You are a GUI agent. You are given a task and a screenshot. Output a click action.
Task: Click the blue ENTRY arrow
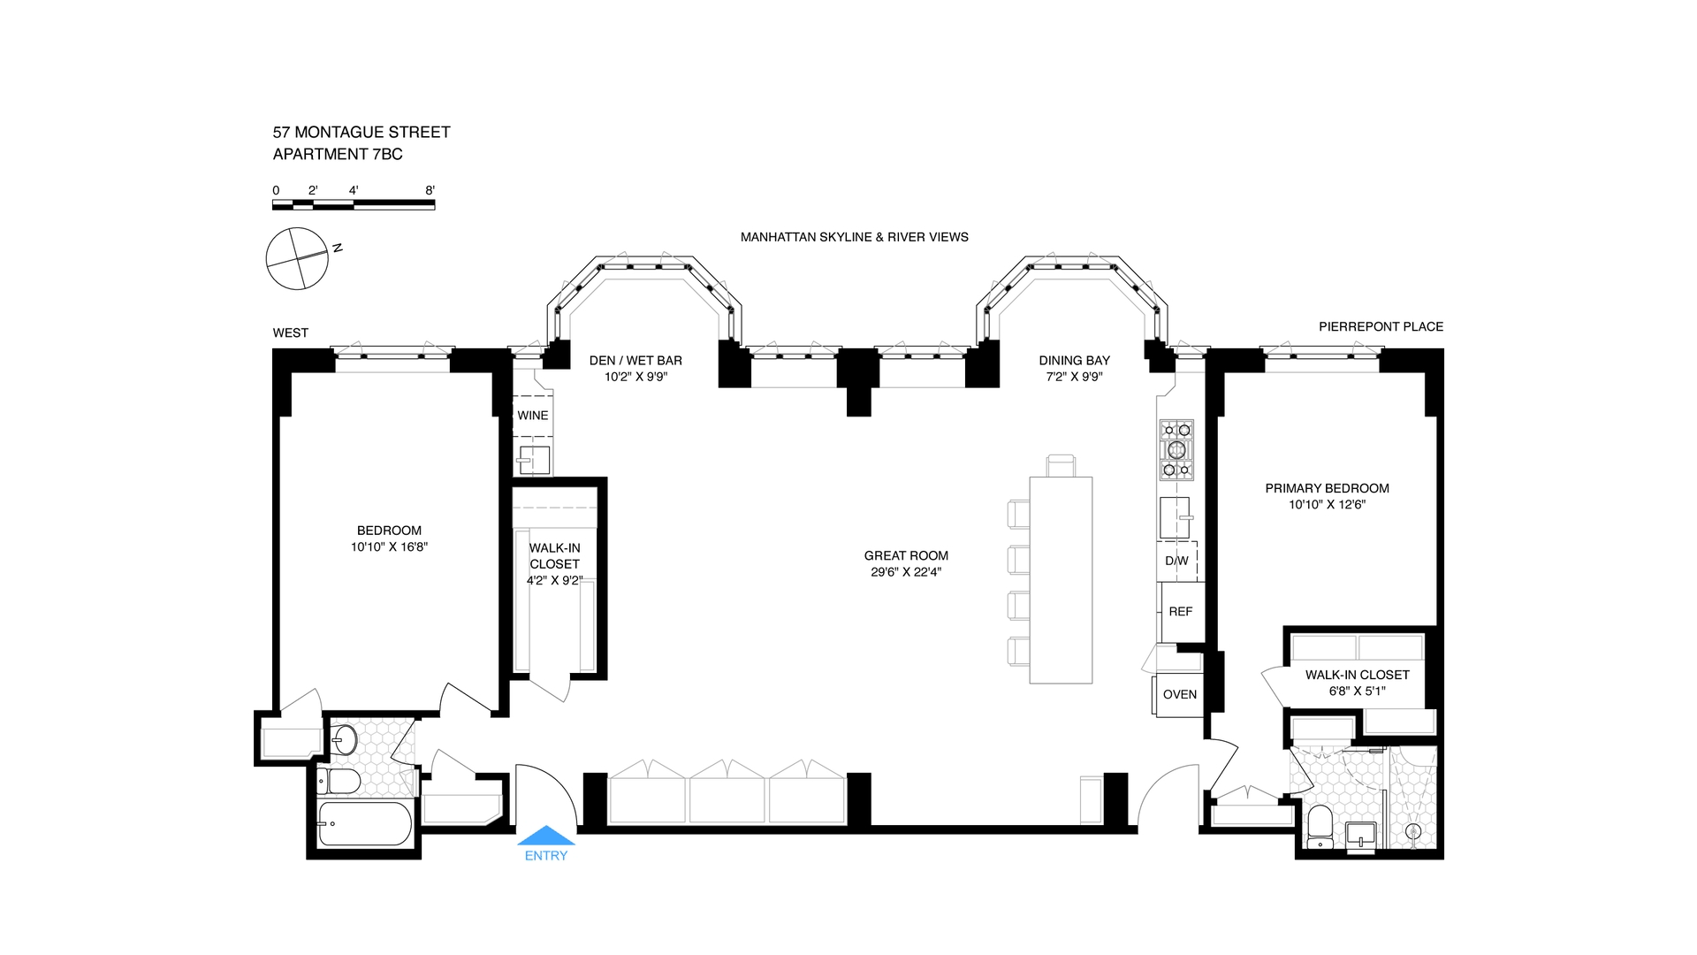click(546, 835)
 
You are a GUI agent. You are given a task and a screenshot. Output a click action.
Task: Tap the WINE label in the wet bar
click(533, 416)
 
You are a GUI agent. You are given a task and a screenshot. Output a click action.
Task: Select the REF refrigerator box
click(1182, 612)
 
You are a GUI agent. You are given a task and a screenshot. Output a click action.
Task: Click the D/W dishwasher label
click(1176, 561)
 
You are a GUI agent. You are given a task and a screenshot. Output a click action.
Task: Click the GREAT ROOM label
click(906, 555)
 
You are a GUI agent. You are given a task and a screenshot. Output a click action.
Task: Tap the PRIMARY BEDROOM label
click(1327, 488)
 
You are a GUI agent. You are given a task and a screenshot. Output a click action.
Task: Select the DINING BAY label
click(1074, 360)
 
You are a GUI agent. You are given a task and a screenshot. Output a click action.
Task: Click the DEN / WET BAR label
click(635, 360)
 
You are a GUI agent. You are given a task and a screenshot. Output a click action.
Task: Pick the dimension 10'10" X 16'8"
click(389, 546)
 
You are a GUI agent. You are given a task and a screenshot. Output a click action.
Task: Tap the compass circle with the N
click(297, 258)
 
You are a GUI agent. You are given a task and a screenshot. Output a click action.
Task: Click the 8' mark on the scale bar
click(430, 190)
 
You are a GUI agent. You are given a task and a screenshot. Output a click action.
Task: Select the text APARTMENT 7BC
click(338, 154)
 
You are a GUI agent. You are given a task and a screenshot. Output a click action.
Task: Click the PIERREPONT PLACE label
click(1381, 326)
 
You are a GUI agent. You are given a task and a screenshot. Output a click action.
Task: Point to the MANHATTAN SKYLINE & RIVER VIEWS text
click(855, 237)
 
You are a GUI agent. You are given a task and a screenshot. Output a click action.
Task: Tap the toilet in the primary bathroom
click(1320, 827)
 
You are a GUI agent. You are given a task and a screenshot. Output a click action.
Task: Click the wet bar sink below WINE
click(534, 460)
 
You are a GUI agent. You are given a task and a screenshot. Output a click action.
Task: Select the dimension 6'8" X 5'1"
click(1357, 691)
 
